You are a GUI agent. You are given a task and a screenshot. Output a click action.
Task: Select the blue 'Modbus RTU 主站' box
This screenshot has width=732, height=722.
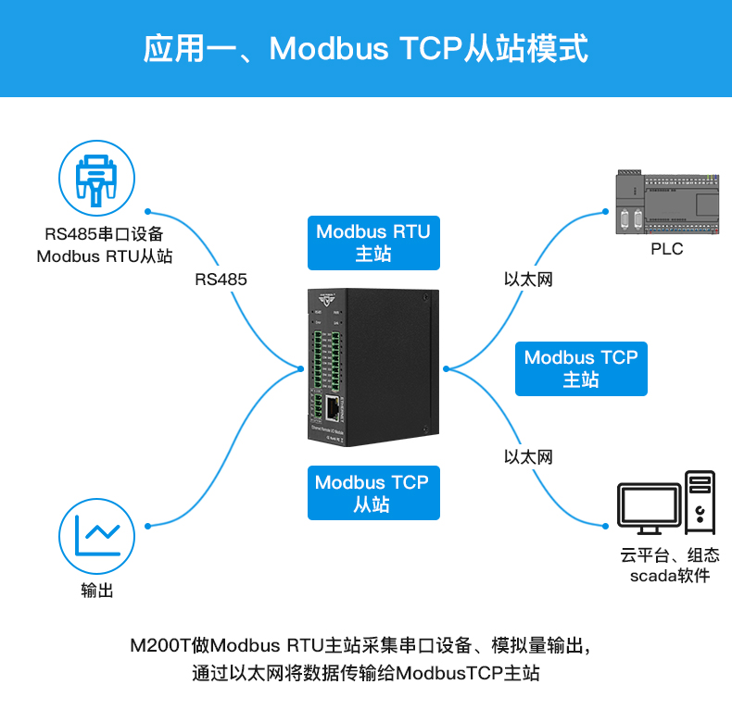click(x=373, y=243)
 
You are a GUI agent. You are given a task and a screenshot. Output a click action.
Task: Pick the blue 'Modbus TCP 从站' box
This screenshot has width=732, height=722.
click(x=372, y=492)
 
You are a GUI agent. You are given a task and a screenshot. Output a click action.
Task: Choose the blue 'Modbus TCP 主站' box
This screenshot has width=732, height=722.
click(x=581, y=368)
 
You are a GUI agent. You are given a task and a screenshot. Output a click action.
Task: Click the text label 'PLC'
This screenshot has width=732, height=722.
click(x=666, y=249)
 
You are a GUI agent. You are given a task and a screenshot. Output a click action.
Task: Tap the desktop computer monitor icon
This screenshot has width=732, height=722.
click(x=650, y=508)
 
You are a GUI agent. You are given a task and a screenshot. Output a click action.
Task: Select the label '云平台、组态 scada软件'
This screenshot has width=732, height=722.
click(x=670, y=566)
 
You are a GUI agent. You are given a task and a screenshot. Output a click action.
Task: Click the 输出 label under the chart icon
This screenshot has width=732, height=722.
click(x=96, y=591)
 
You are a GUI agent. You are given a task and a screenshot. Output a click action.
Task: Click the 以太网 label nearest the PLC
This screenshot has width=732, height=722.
click(x=528, y=279)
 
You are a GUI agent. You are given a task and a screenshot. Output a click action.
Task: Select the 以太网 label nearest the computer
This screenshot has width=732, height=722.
click(x=528, y=456)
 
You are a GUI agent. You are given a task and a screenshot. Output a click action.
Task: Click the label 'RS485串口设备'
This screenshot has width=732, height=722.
click(x=104, y=234)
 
